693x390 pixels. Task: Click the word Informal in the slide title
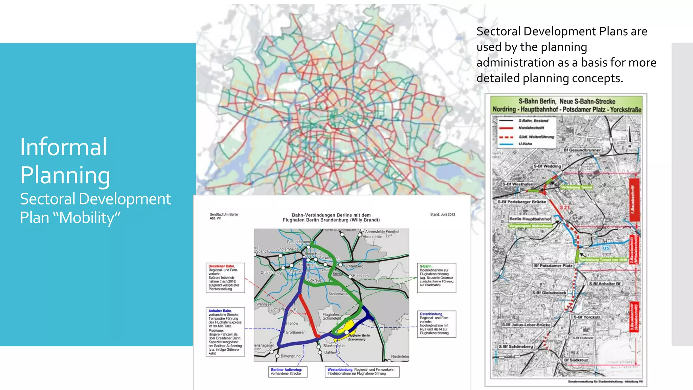64,147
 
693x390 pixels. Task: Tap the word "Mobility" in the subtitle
90,218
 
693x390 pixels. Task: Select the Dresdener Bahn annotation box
225,278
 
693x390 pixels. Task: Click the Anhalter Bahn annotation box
225,332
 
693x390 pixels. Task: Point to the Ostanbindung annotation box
436,324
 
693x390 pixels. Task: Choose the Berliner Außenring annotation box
287,372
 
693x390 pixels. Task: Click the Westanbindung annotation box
362,372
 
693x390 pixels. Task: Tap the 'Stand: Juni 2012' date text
443,214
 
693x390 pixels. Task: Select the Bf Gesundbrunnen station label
582,150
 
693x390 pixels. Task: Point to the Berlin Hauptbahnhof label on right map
530,219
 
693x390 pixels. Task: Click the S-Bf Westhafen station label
518,184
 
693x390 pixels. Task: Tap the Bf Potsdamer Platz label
553,266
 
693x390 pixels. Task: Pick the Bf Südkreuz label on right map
576,360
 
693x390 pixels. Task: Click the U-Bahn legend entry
525,144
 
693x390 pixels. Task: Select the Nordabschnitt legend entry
531,128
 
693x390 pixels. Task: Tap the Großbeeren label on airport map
295,332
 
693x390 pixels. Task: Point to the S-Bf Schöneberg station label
516,347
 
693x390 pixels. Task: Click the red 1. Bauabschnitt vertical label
632,199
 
